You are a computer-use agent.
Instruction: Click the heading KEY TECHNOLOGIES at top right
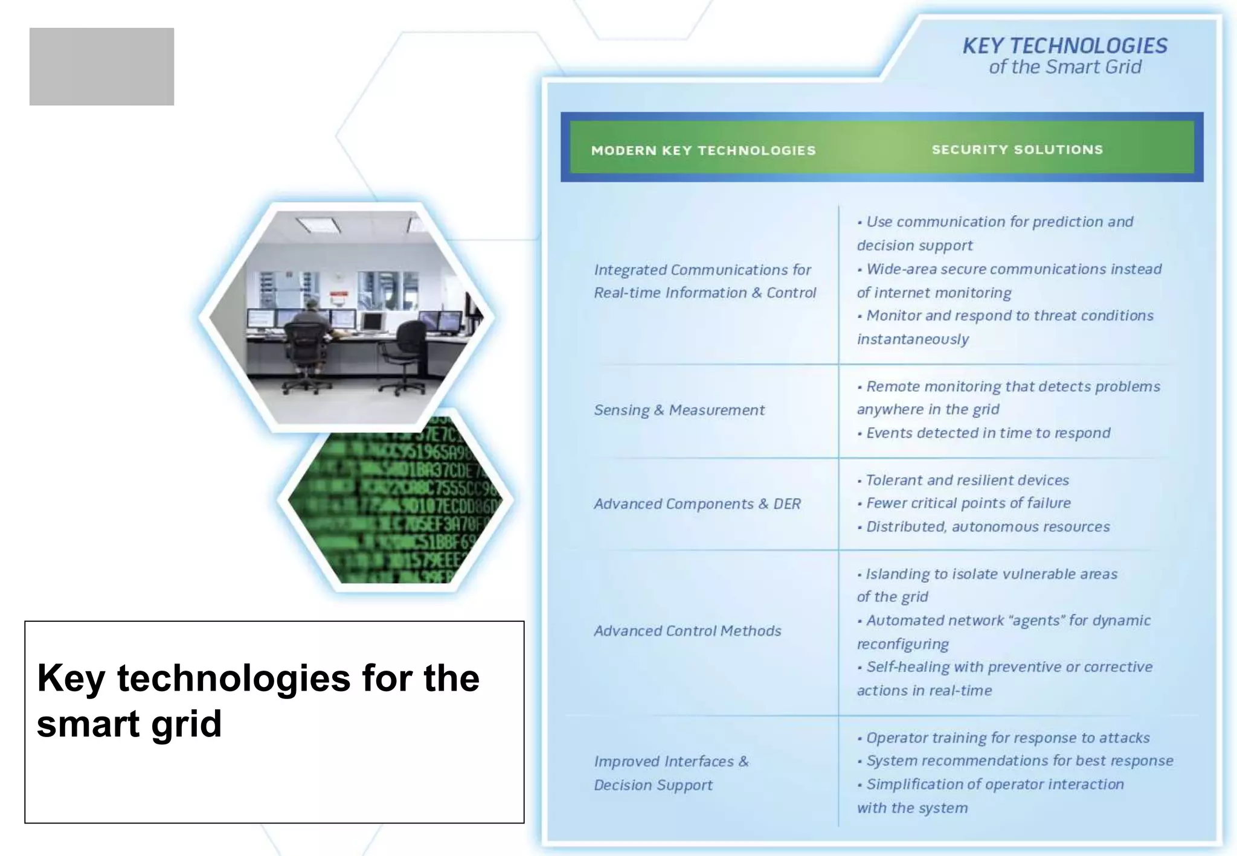[1064, 46]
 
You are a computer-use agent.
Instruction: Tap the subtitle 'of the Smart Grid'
[1065, 67]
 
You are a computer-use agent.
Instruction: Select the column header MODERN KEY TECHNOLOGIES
[703, 150]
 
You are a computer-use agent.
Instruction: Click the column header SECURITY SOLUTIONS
[1017, 150]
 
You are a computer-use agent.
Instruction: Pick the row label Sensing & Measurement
[679, 410]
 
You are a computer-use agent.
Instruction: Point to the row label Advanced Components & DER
[697, 504]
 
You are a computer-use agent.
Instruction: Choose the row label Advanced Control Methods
[687, 631]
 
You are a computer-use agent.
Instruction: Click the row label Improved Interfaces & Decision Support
[670, 773]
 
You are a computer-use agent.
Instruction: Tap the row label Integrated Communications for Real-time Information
[704, 281]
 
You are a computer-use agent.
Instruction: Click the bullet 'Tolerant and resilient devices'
[967, 481]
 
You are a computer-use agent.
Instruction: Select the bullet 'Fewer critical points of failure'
[968, 503]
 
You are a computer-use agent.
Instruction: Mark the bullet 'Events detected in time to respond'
[988, 433]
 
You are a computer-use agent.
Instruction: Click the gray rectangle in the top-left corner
[101, 66]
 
